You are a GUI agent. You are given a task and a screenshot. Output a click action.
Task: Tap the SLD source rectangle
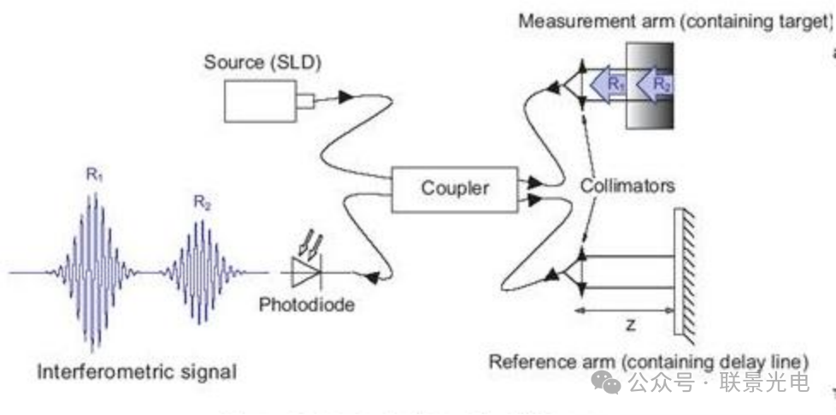click(x=260, y=102)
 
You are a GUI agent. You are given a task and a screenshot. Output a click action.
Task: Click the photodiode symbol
click(x=306, y=272)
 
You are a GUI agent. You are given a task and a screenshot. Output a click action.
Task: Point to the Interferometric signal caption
click(x=137, y=371)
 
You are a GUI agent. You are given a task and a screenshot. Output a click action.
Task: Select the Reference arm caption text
click(x=648, y=359)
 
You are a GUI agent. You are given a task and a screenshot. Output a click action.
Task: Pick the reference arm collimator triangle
click(x=571, y=272)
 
